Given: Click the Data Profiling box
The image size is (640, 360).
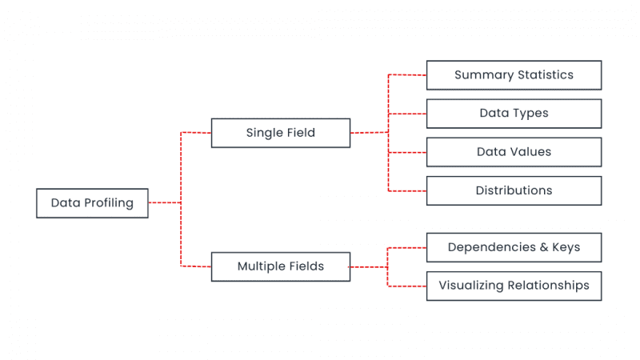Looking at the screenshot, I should click(x=92, y=203).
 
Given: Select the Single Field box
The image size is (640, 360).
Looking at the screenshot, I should click(x=280, y=133).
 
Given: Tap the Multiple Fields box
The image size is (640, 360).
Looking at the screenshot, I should click(x=280, y=266).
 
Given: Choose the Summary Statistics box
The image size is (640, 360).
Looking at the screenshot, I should click(x=514, y=75).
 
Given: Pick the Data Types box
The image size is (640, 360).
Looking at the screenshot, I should click(x=514, y=114).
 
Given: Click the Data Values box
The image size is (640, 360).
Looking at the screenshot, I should click(x=514, y=152).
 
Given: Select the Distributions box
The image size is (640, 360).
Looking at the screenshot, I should click(x=514, y=190).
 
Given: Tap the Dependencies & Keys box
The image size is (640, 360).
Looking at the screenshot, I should click(x=514, y=247).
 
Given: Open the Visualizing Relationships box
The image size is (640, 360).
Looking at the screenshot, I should click(x=514, y=286).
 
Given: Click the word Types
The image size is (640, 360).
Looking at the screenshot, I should click(x=531, y=114).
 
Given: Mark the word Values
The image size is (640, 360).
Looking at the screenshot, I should click(x=532, y=152).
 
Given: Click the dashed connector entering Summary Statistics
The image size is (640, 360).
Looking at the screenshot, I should click(x=407, y=75).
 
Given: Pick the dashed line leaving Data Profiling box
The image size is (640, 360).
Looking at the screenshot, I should click(x=164, y=203).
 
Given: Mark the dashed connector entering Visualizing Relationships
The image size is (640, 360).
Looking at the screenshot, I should click(x=407, y=286).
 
